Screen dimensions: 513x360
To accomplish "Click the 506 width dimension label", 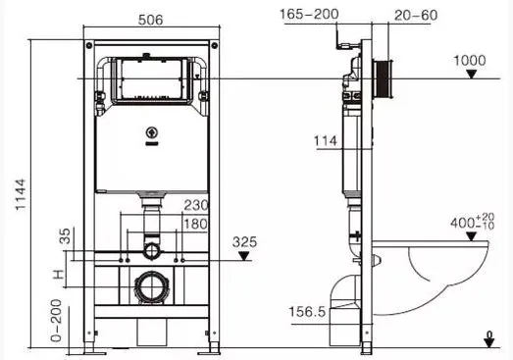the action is [150, 20].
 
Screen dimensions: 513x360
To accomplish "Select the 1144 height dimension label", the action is [21, 195].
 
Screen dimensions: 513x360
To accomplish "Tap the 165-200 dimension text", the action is [309, 14].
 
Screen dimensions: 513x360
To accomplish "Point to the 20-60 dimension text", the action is [416, 15].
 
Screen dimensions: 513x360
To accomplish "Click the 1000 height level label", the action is [470, 61].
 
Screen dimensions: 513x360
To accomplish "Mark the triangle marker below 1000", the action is [471, 75].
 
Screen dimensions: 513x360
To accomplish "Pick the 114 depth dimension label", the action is [326, 141].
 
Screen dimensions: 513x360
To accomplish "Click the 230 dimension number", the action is [195, 205].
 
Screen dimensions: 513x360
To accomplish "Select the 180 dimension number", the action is [195, 225].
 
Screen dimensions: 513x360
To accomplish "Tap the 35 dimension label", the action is [65, 236].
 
